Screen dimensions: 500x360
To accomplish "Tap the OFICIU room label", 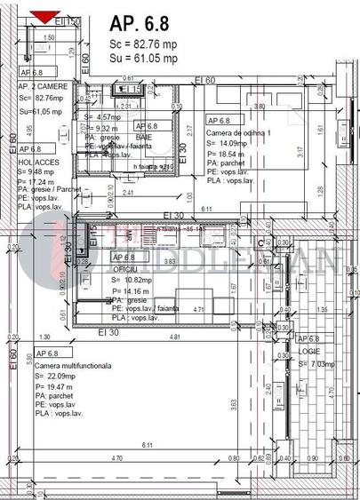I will coord(126,268).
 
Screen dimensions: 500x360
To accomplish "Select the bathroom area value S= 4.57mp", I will coord(102,116).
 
